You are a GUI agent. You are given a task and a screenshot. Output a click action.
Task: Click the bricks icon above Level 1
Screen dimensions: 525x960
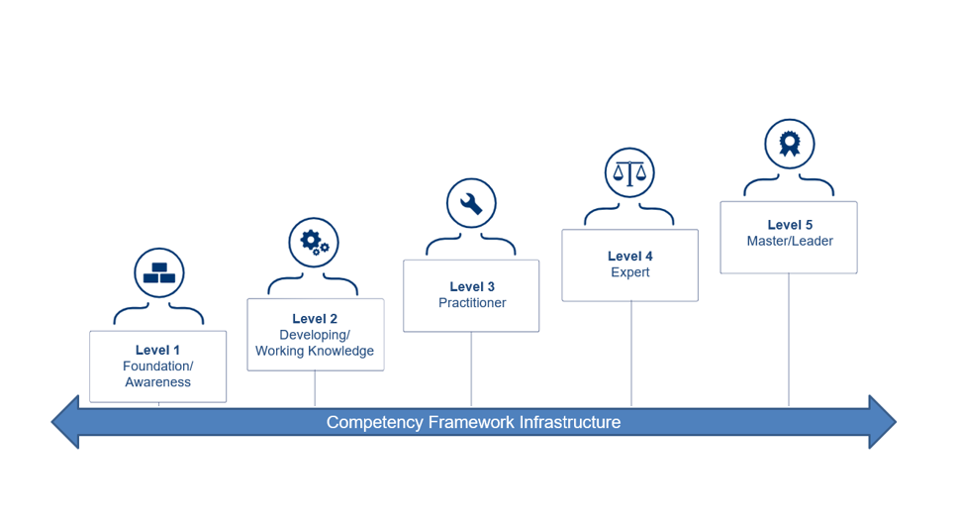pyautogui.click(x=158, y=273)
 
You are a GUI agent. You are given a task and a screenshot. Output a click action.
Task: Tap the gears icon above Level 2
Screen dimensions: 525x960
pyautogui.click(x=314, y=242)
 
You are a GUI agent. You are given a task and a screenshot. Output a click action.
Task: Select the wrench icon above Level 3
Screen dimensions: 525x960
pyautogui.click(x=471, y=203)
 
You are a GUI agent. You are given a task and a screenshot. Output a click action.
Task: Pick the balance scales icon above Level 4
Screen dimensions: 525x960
pyautogui.click(x=629, y=173)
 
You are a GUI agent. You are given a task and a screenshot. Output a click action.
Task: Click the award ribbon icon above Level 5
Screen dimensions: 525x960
pyautogui.click(x=789, y=145)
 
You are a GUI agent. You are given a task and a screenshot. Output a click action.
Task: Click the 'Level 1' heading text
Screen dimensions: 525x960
pyautogui.click(x=158, y=350)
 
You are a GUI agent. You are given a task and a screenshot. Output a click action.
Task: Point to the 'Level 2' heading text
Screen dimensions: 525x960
pyautogui.click(x=315, y=319)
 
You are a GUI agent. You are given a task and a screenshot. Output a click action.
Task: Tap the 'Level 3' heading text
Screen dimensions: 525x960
pyautogui.click(x=472, y=287)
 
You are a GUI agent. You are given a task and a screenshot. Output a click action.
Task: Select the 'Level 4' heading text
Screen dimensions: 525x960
pyautogui.click(x=630, y=257)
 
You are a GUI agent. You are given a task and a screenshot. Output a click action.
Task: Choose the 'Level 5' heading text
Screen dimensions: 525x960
pyautogui.click(x=790, y=225)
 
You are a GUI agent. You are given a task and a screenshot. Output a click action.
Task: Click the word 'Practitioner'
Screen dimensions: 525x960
pyautogui.click(x=472, y=303)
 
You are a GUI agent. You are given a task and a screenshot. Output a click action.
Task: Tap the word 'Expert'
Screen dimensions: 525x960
pyautogui.click(x=630, y=272)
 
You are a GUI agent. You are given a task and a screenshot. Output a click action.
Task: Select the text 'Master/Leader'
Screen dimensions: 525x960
pyautogui.click(x=790, y=241)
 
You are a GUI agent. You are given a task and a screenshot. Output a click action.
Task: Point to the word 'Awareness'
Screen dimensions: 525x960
pyautogui.click(x=158, y=382)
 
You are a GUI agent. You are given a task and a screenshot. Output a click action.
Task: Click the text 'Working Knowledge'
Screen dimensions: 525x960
pyautogui.click(x=315, y=351)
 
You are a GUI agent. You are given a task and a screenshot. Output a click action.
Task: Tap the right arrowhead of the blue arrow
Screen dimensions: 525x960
pyautogui.click(x=882, y=422)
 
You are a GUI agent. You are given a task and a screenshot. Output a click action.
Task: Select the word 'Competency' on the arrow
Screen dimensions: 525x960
pyautogui.click(x=375, y=422)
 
